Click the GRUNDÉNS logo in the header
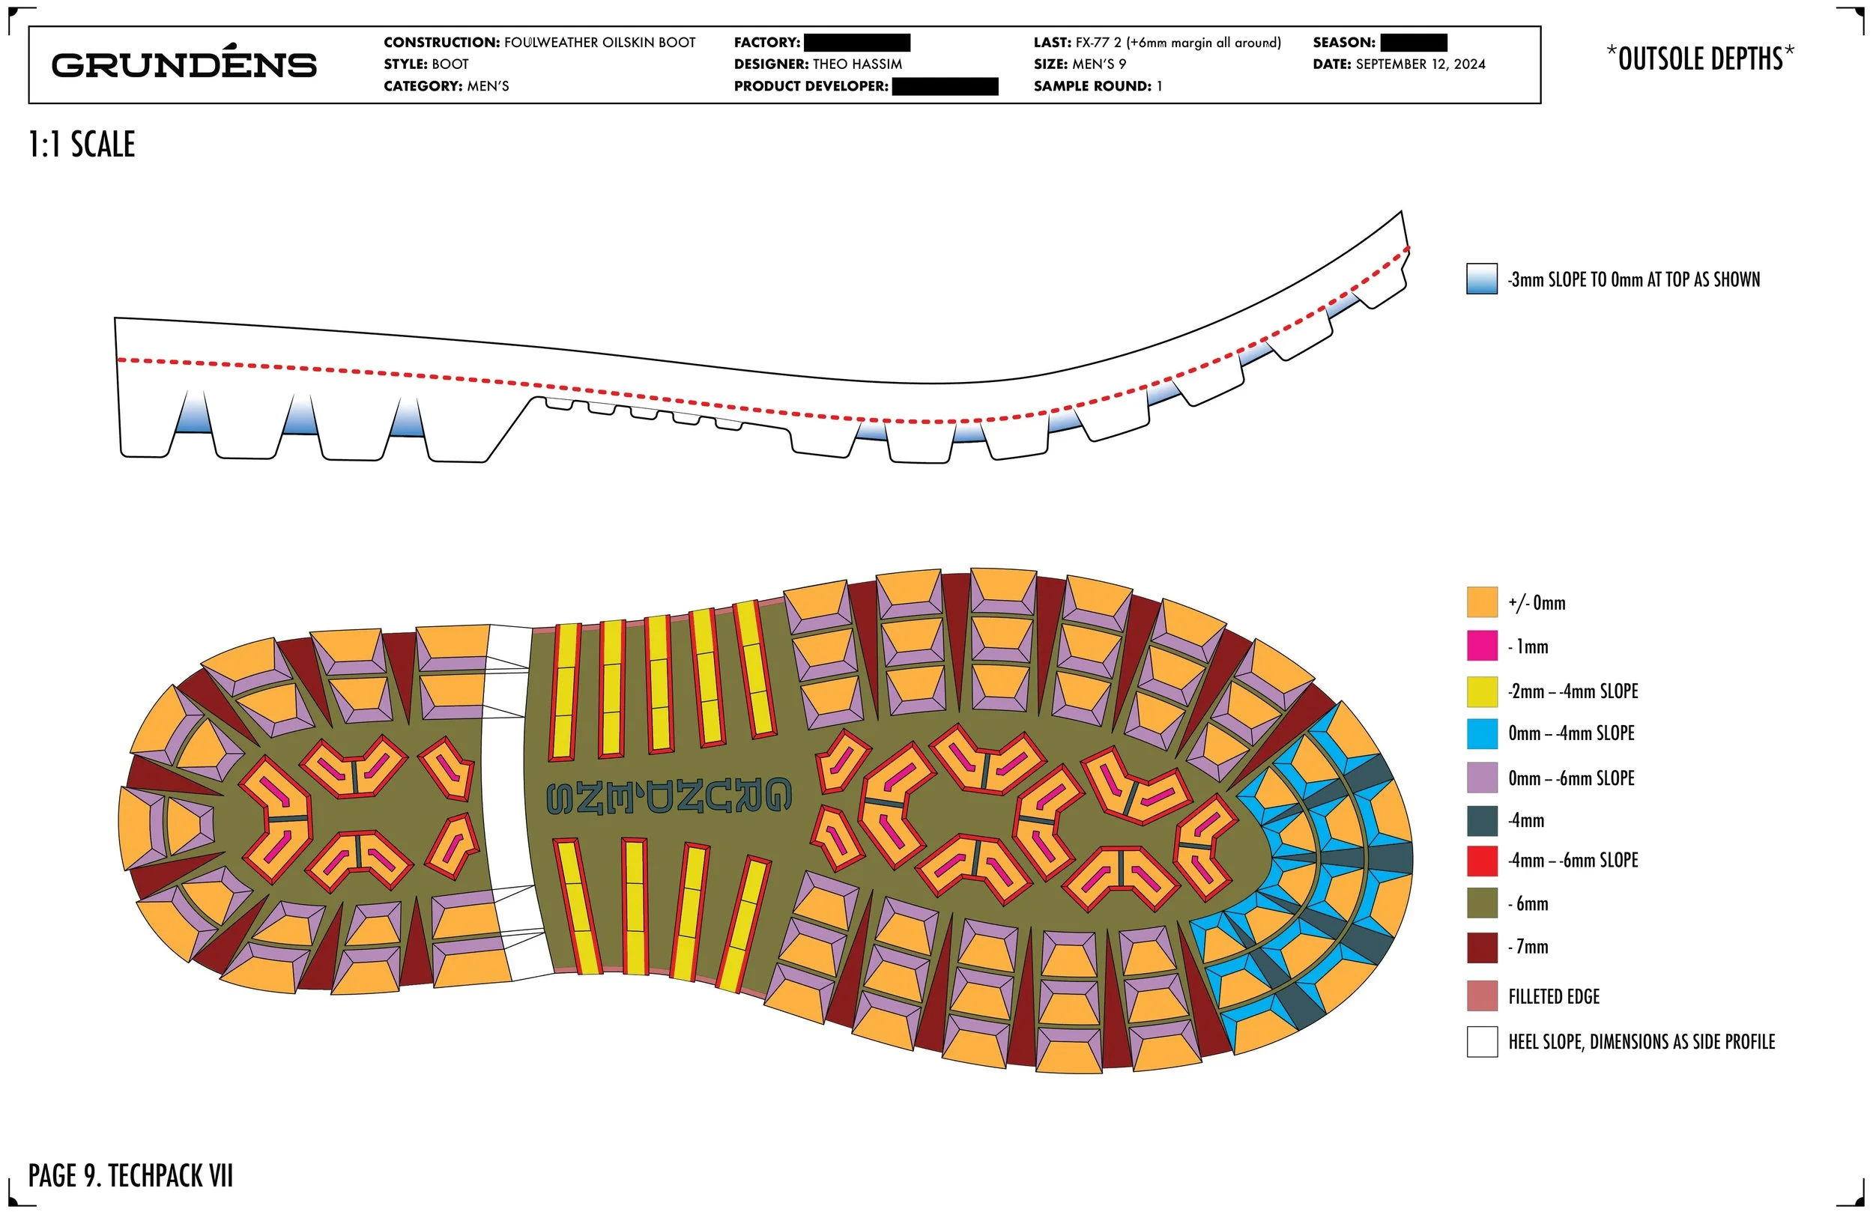pyautogui.click(x=184, y=64)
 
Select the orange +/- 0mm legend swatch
pyautogui.click(x=1481, y=602)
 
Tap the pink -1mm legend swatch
pyautogui.click(x=1481, y=646)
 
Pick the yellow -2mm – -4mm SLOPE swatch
pyautogui.click(x=1481, y=691)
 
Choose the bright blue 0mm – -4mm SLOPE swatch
pyautogui.click(x=1481, y=733)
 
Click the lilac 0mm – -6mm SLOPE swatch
pyautogui.click(x=1481, y=778)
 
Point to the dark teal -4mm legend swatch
pyautogui.click(x=1481, y=820)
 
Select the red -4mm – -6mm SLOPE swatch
pyautogui.click(x=1481, y=860)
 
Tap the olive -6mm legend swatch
pyautogui.click(x=1481, y=903)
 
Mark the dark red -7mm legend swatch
pyautogui.click(x=1481, y=947)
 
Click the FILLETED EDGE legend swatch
pyautogui.click(x=1481, y=996)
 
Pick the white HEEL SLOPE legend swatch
pyautogui.click(x=1481, y=1041)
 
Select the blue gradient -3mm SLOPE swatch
pyautogui.click(x=1481, y=279)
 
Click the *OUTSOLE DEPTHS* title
pyautogui.click(x=1700, y=59)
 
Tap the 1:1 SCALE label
pyautogui.click(x=82, y=145)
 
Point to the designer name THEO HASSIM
pyautogui.click(x=857, y=64)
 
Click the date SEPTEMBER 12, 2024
pyautogui.click(x=1420, y=64)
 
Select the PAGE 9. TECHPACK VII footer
pyautogui.click(x=130, y=1176)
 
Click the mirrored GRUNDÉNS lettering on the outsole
pyautogui.click(x=669, y=796)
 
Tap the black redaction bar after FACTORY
pyautogui.click(x=857, y=43)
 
